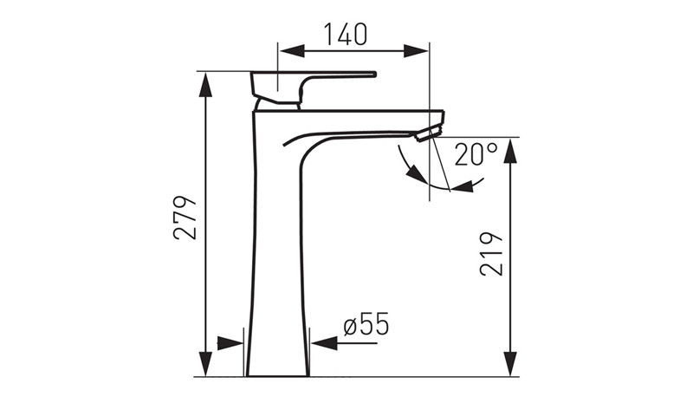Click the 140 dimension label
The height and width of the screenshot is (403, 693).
346,34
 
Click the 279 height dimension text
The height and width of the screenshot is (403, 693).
185,218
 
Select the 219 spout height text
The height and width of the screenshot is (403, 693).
491,254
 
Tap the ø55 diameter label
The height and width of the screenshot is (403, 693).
366,324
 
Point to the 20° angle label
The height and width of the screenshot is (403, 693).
476,154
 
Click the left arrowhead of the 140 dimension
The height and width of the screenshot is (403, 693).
292,51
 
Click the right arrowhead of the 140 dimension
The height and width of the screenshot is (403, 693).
416,51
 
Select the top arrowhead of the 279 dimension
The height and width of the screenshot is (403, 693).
205,85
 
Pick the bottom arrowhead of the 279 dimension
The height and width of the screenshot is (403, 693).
205,364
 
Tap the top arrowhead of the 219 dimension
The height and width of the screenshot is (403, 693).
510,151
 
